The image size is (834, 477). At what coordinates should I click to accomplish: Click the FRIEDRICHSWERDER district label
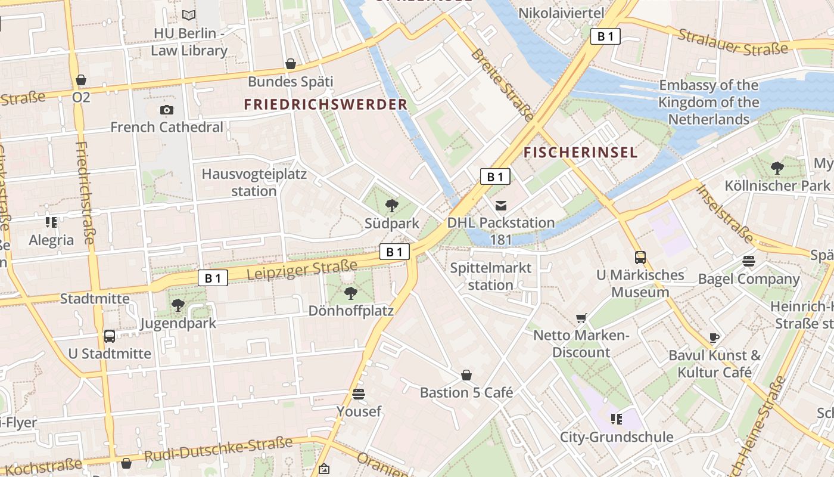[326, 104]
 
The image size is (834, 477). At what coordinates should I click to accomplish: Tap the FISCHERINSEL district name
[580, 153]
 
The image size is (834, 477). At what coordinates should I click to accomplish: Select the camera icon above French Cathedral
[167, 110]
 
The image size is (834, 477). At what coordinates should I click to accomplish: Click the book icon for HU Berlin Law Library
[189, 16]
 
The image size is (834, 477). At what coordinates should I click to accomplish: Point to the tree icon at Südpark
[392, 206]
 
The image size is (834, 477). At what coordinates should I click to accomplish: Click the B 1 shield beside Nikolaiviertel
[605, 37]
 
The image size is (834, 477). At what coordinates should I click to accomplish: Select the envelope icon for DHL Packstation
[501, 206]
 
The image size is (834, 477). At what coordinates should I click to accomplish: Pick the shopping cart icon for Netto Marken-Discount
[581, 318]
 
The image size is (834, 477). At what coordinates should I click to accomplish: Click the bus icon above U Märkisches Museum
[640, 258]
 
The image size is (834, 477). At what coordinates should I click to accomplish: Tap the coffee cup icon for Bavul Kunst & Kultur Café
[714, 338]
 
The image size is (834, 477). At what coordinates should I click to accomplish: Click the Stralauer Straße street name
[733, 41]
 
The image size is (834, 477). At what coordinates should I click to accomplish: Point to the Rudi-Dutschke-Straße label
[219, 450]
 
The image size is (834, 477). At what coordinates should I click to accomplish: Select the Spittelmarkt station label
[490, 276]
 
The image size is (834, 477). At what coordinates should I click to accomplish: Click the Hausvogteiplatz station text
[254, 182]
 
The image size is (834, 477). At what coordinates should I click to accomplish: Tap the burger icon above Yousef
[359, 394]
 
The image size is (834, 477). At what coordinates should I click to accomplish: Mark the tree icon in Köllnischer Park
[777, 168]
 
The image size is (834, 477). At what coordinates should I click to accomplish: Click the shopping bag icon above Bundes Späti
[291, 64]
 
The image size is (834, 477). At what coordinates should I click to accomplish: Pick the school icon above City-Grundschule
[616, 419]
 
